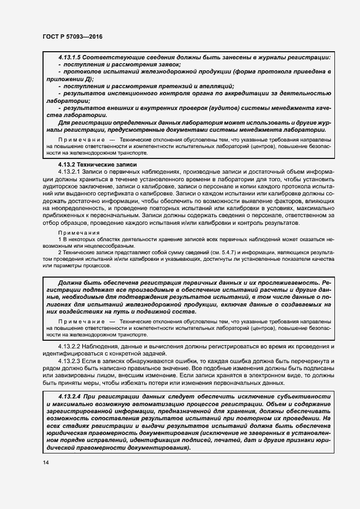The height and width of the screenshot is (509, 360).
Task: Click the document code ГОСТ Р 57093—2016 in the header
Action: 72,36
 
